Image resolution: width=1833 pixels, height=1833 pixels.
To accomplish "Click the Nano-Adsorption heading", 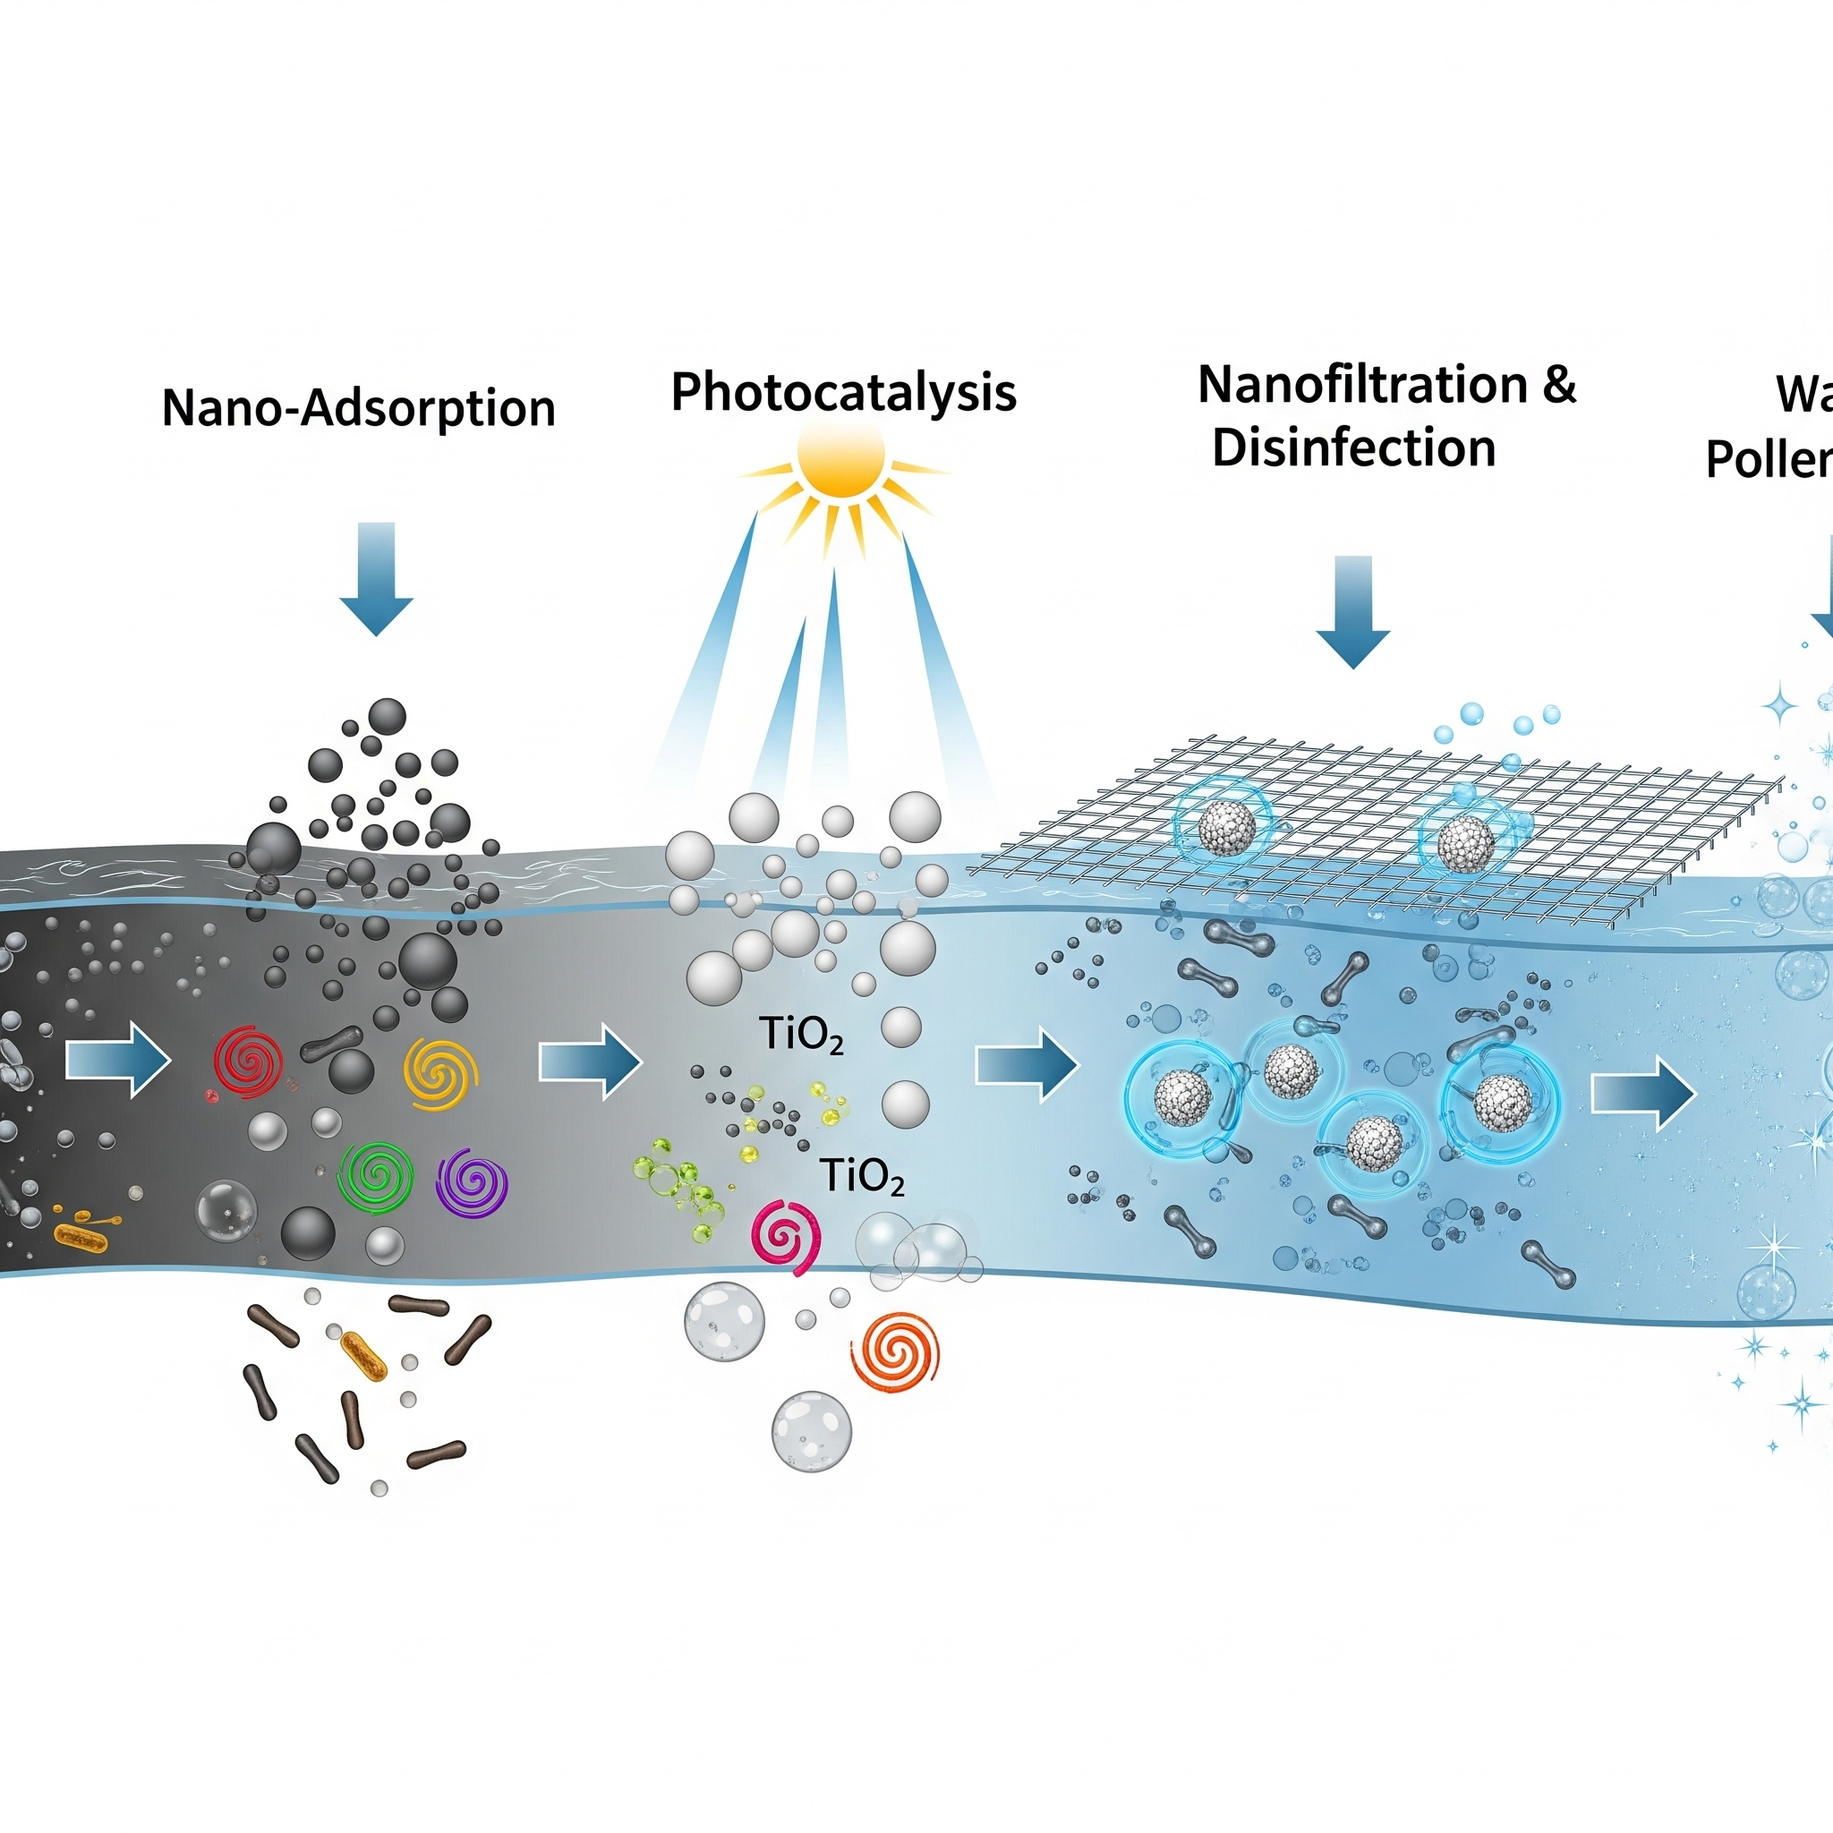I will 358,408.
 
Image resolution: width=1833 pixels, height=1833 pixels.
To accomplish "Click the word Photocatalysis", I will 842,392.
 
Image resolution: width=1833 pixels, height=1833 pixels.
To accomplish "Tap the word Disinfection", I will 1353,448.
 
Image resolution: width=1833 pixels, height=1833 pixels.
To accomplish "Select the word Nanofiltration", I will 1362,384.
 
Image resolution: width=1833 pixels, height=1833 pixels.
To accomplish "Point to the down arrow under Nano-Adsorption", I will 376,578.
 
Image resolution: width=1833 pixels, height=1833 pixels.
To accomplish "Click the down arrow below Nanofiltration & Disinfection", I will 1352,611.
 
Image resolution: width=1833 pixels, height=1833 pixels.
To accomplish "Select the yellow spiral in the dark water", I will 440,1074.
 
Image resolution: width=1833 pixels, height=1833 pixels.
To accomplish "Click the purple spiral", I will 472,1182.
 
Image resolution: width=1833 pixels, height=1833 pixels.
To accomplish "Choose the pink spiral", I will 786,1236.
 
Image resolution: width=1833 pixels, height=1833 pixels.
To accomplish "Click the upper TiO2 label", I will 801,1036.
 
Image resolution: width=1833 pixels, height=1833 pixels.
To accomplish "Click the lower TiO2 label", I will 862,1176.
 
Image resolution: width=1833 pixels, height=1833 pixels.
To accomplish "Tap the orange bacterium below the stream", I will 364,1356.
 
